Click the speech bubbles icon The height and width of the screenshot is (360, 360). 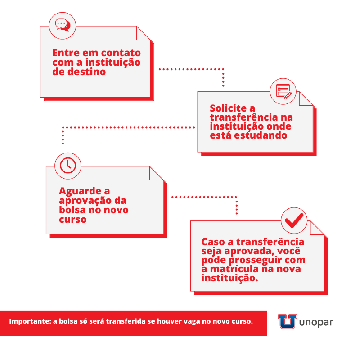63,25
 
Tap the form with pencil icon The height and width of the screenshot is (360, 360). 284,92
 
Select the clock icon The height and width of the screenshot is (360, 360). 68,166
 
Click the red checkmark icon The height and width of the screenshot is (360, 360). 294,220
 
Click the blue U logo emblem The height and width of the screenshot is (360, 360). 288,321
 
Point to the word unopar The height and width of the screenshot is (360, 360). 316,323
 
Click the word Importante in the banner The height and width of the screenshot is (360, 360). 30,321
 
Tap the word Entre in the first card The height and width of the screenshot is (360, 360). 66,53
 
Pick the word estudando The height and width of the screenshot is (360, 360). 261,135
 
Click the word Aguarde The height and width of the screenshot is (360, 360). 80,191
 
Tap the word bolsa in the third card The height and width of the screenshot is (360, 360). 72,210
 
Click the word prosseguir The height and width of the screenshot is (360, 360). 255,261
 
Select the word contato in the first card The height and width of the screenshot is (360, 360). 121,53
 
